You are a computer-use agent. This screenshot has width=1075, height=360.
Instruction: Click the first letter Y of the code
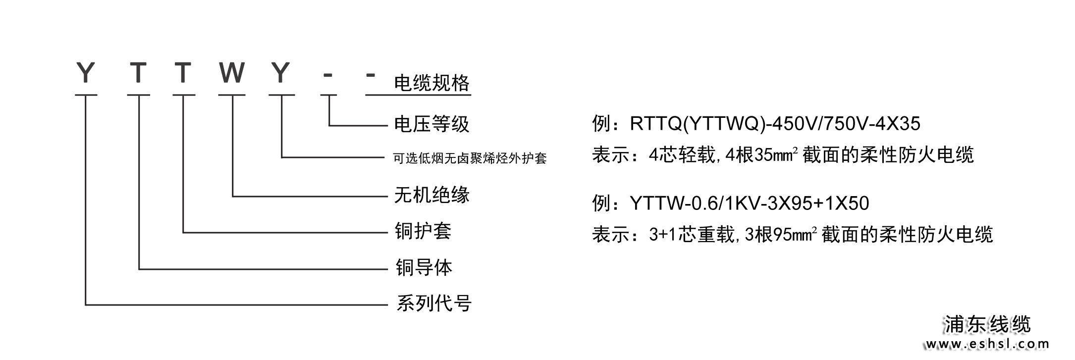86,73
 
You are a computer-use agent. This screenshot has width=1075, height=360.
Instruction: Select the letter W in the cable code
231,73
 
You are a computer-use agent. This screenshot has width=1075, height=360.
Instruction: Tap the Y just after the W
281,73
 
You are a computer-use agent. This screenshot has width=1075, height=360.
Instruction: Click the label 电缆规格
431,83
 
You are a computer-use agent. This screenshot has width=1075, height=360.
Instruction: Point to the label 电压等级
431,124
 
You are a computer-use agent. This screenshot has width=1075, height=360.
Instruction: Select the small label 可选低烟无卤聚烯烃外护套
470,158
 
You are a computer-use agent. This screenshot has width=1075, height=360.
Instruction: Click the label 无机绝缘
431,195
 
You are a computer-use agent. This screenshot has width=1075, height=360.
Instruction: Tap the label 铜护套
423,231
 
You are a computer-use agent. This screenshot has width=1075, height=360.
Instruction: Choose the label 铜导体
424,267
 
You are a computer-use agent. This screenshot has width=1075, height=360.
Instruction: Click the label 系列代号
433,303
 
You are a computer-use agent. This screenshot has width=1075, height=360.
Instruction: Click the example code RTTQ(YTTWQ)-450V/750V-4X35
775,124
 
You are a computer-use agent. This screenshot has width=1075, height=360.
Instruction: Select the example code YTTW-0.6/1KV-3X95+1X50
749,203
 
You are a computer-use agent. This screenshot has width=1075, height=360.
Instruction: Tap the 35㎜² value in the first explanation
775,155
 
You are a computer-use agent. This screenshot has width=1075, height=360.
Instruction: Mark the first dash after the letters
327,75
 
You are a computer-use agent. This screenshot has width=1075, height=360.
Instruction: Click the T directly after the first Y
138,73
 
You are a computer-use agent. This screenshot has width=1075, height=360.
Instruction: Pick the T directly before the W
183,73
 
